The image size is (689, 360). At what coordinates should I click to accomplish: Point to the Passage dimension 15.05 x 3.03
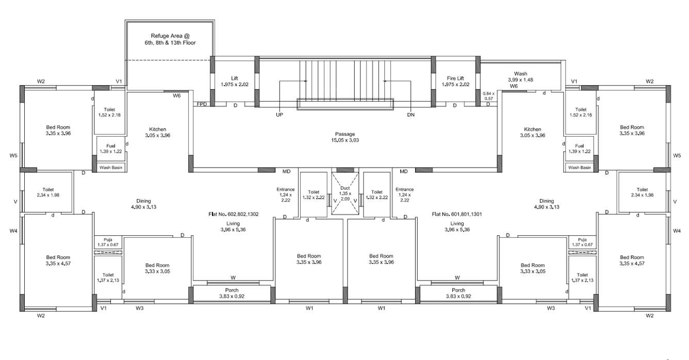(345, 140)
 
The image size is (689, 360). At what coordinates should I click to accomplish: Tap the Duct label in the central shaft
(345, 188)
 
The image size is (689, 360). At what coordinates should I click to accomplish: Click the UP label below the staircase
(280, 114)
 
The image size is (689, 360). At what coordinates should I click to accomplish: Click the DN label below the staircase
(411, 114)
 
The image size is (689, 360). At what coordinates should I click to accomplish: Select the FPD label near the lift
(202, 105)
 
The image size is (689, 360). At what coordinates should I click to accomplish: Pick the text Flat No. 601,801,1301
(456, 214)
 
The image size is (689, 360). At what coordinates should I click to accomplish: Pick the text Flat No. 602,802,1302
(234, 214)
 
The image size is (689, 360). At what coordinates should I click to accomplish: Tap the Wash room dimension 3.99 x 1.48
(520, 80)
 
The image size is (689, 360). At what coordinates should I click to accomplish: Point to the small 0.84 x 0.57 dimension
(488, 96)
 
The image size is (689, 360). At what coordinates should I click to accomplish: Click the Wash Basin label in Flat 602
(111, 168)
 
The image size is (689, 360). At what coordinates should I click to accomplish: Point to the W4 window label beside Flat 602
(13, 231)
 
